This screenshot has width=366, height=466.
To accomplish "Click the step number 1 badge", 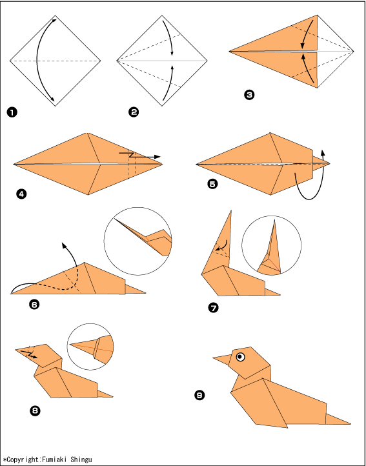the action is click(12, 113).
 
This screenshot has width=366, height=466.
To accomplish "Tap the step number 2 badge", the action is click(134, 112).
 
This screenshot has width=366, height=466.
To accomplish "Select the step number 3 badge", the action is click(249, 95).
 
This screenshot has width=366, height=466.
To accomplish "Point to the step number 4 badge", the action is click(22, 195).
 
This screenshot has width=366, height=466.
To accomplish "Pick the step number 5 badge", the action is click(212, 184).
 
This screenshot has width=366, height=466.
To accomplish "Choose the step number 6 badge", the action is click(34, 305).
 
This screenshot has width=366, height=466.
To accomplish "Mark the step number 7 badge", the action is click(213, 308).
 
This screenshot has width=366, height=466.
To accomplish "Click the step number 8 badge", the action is click(35, 410).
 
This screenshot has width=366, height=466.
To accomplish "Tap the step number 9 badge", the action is click(199, 395).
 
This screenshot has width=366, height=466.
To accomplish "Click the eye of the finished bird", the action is click(240, 357).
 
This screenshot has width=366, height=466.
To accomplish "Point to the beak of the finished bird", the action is click(221, 360).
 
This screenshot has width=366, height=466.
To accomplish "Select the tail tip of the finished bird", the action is click(351, 423).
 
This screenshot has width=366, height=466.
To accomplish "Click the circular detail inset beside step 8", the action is click(90, 347).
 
